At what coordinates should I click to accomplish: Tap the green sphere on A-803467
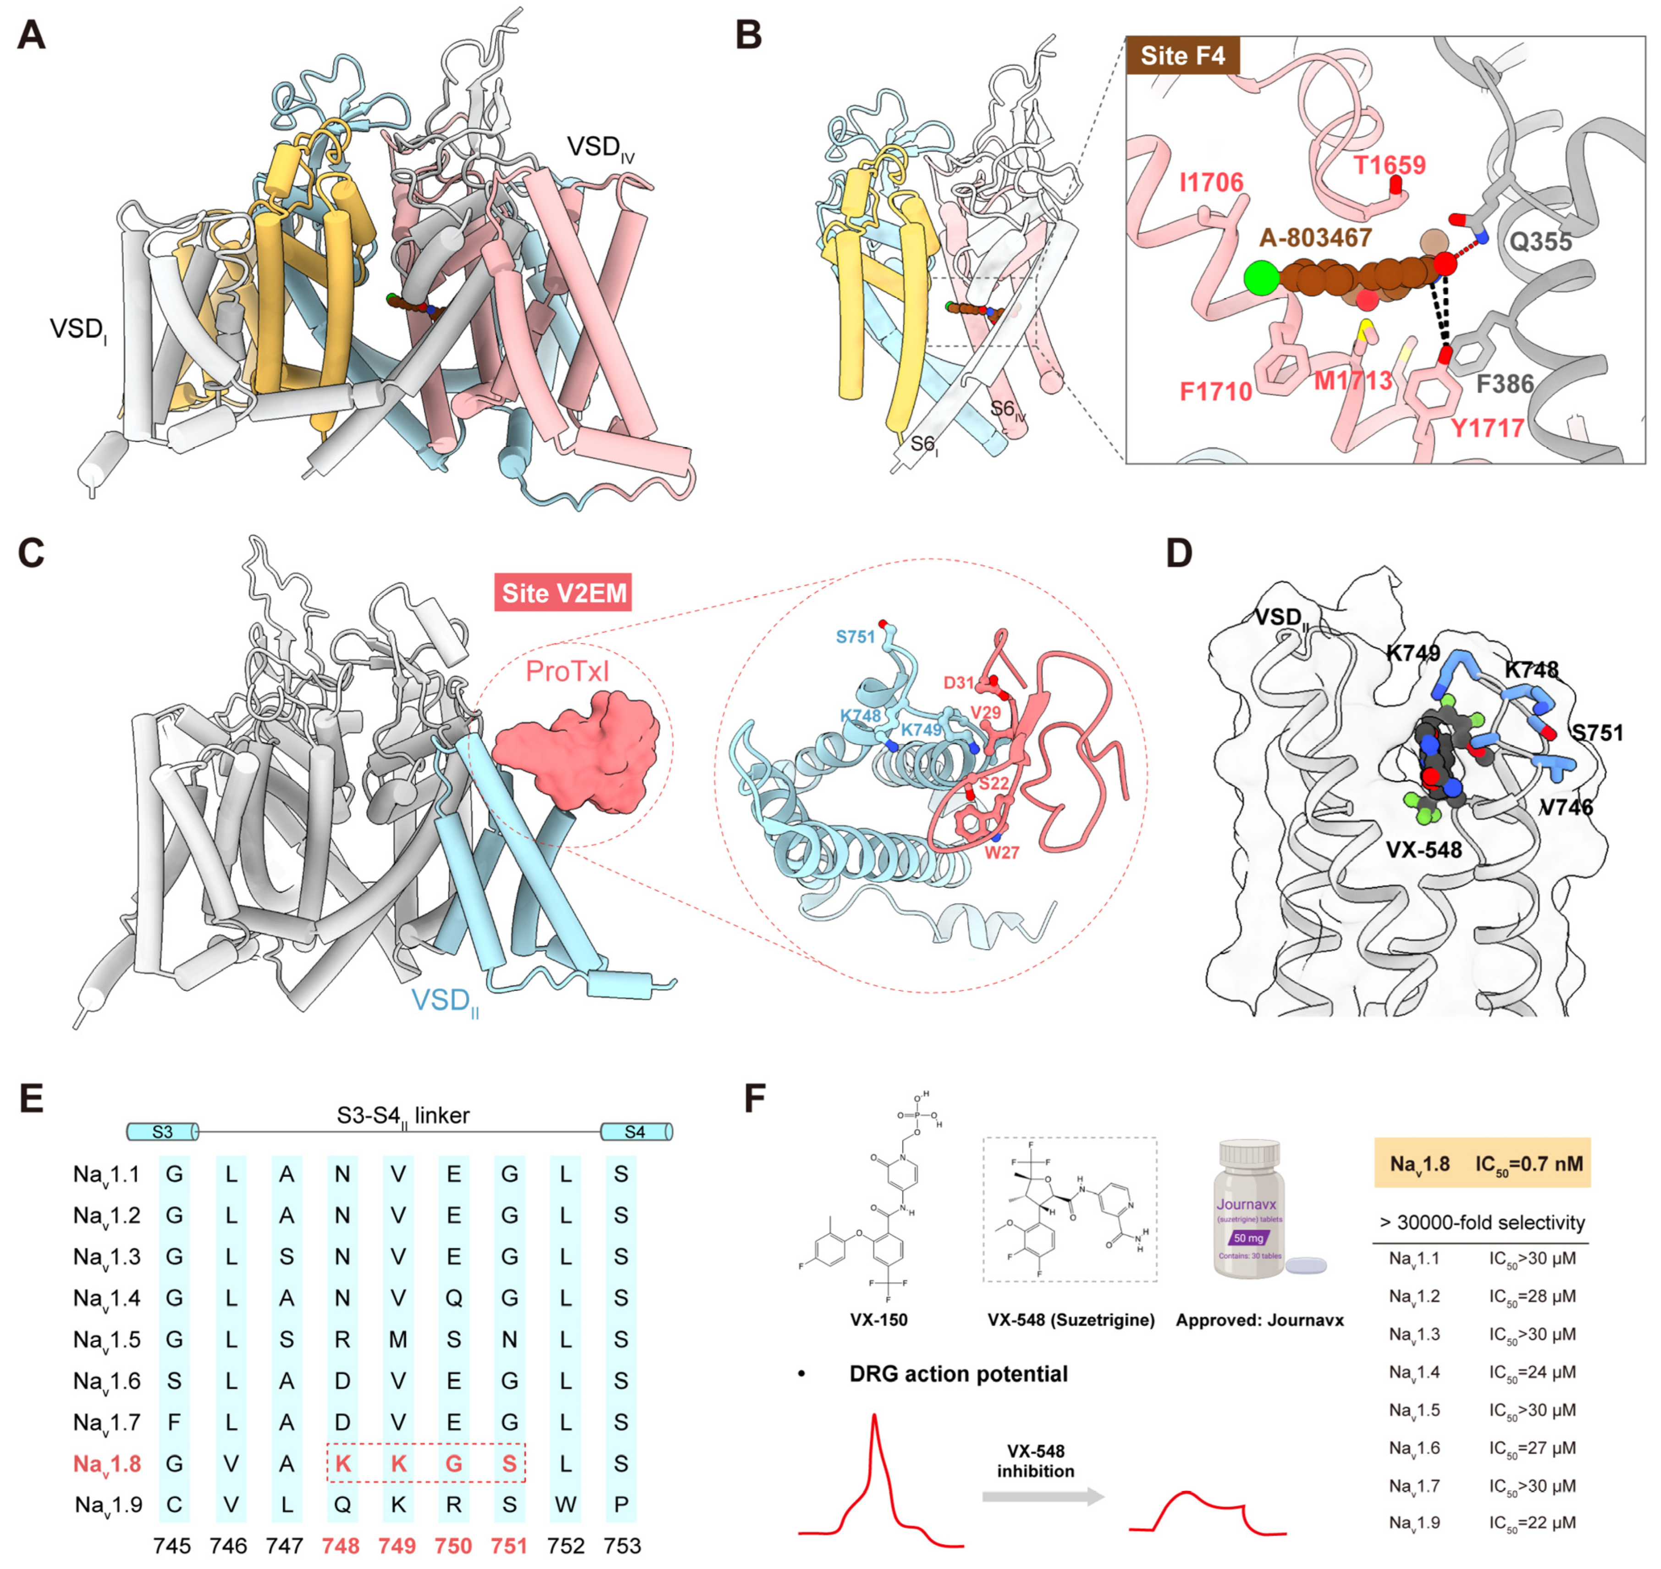(1261, 278)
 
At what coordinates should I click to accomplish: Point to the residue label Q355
(1540, 243)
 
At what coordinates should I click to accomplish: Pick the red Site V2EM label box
(563, 593)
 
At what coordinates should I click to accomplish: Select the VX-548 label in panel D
(1424, 850)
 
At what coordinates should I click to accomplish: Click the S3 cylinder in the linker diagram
(163, 1132)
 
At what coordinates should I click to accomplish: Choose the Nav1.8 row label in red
(107, 1463)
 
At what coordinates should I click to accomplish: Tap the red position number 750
(453, 1546)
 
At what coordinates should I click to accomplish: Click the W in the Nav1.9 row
(565, 1505)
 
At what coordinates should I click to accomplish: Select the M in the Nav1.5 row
(398, 1339)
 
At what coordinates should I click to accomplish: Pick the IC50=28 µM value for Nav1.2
(1531, 1296)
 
